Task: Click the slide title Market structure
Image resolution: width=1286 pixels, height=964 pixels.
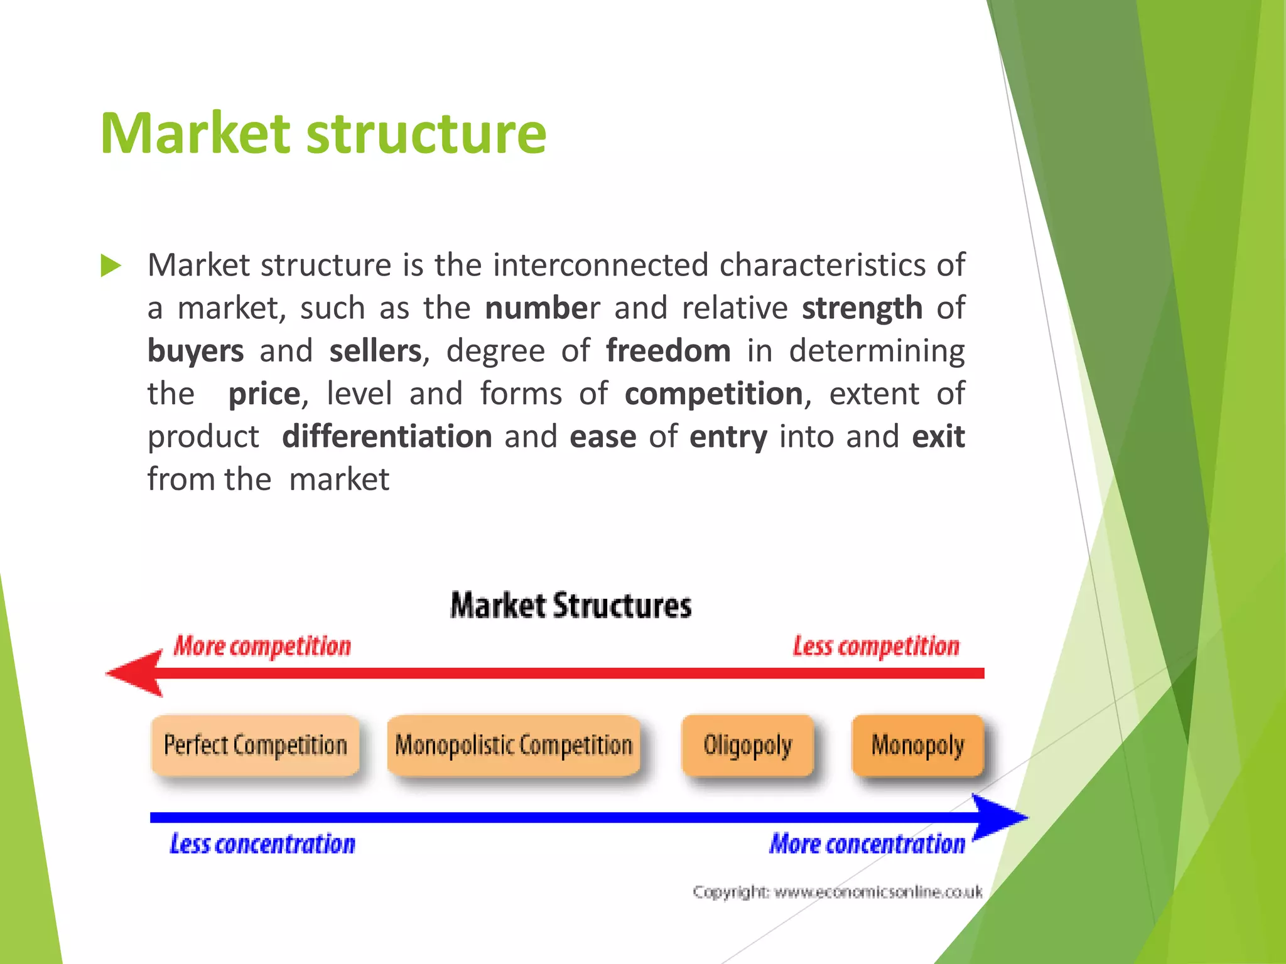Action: [x=323, y=133]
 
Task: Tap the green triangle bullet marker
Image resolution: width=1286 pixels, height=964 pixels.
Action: [x=111, y=265]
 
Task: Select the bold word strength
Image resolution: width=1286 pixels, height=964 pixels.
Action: [x=862, y=308]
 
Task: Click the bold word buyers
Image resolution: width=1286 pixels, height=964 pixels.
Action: [x=195, y=351]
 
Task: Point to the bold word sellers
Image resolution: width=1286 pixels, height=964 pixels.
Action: [x=375, y=351]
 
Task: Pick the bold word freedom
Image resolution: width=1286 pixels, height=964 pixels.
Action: [x=668, y=351]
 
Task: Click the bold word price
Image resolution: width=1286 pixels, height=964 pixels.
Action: [x=264, y=394]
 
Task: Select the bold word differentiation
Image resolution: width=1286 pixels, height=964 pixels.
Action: [x=387, y=437]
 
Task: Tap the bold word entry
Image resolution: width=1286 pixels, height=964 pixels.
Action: [x=728, y=437]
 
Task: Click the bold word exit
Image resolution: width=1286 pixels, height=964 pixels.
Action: [x=938, y=437]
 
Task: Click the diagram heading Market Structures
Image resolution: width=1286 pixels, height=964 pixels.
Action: [x=571, y=606]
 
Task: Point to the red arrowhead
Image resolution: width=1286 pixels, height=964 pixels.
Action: [x=135, y=673]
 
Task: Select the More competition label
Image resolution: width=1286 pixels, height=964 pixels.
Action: [x=262, y=646]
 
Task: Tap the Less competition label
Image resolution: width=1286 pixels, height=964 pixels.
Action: [x=876, y=646]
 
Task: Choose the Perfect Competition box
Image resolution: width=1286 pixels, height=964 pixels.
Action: [x=256, y=746]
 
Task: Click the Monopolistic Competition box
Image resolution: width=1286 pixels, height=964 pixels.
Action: [x=513, y=746]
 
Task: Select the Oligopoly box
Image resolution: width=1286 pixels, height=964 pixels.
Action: [x=747, y=746]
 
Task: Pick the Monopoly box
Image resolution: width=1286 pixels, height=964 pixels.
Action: [x=917, y=746]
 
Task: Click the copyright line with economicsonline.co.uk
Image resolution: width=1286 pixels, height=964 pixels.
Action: [x=838, y=892]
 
